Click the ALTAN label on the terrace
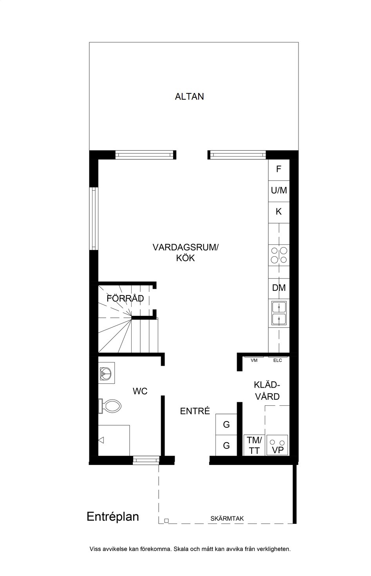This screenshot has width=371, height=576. tap(189, 97)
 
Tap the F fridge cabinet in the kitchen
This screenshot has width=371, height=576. tap(279, 170)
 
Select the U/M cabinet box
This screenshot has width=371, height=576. tap(279, 191)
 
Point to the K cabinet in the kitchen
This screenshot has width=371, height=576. tap(279, 212)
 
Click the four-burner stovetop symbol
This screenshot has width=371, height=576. tap(279, 255)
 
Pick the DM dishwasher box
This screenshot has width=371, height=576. tap(279, 288)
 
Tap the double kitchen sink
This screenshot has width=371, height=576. tap(279, 313)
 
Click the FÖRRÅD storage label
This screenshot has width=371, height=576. tap(125, 298)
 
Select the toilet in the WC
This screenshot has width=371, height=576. tap(110, 406)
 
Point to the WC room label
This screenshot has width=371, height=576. tap(140, 391)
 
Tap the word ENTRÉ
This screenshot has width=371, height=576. tap(195, 411)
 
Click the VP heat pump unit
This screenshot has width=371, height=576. tap(277, 445)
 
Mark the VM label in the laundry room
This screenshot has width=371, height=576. tap(254, 361)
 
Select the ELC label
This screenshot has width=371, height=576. tap(277, 361)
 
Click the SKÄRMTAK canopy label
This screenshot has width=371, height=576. tap(227, 519)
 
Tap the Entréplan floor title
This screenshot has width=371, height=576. tap(113, 517)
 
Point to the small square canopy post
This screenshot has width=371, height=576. tap(166, 521)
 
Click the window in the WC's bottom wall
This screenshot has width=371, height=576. tap(146, 460)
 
